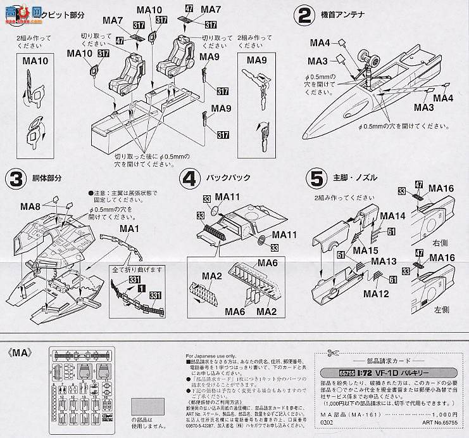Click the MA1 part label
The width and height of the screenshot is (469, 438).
click(x=129, y=228)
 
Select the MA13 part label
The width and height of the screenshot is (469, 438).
click(x=384, y=261)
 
